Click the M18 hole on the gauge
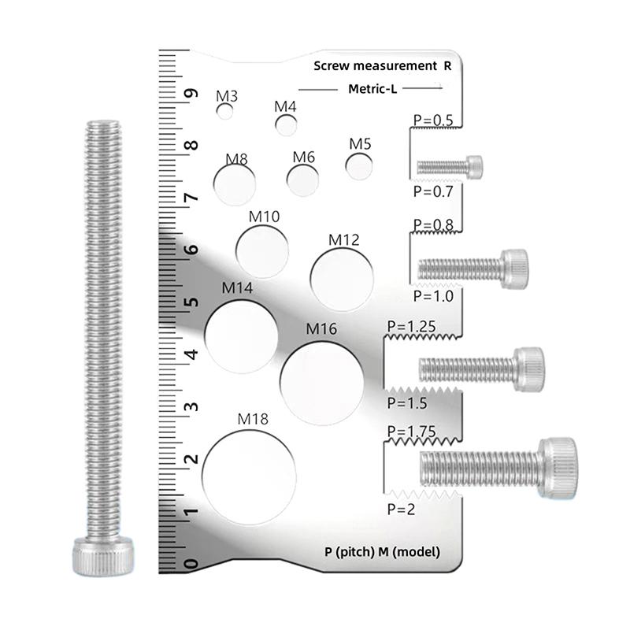click(249, 476)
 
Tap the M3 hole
click(226, 112)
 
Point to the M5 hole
click(360, 166)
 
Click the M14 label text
click(237, 288)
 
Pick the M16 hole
click(322, 380)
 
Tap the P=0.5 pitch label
click(432, 120)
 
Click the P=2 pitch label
click(401, 509)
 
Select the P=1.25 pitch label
click(411, 325)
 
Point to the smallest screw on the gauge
click(449, 166)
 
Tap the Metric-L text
click(372, 89)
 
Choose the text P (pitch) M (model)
click(382, 551)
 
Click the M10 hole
click(261, 249)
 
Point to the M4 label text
click(285, 106)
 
